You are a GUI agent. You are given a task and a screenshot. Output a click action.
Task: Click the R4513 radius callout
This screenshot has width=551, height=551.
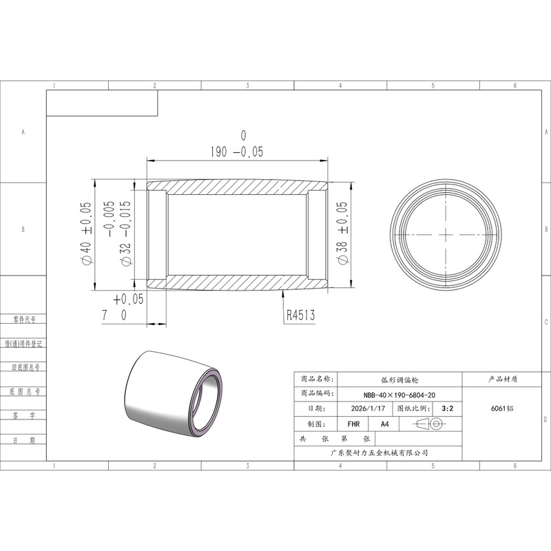coord(300,315)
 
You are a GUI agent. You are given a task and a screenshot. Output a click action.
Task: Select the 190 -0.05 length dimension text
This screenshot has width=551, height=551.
coord(237,144)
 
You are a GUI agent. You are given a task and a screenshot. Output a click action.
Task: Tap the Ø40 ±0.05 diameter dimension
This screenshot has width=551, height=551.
coord(87,233)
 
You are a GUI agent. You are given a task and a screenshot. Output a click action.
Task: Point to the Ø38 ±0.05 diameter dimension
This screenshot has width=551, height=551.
coord(342,233)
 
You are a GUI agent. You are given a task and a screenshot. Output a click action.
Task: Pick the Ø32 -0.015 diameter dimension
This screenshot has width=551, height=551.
coord(118,233)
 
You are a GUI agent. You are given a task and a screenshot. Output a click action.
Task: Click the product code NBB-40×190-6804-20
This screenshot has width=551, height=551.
coord(399,395)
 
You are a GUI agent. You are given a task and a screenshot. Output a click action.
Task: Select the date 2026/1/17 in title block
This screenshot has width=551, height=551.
coord(368,408)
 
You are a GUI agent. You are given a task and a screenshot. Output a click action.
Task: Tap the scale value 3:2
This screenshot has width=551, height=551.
coord(447,408)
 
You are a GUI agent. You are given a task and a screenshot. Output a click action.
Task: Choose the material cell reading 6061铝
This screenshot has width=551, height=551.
coord(502,408)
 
